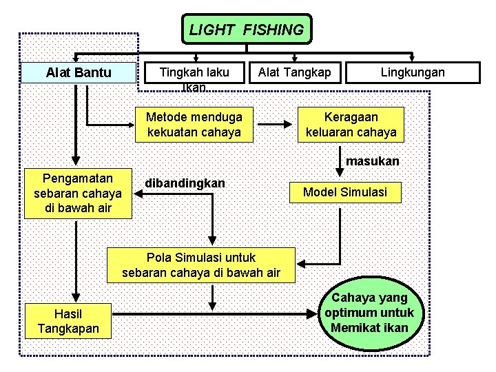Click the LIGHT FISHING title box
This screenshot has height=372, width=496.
point(246,30)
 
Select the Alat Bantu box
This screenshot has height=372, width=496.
point(78,72)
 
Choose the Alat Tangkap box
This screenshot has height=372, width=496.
point(295,72)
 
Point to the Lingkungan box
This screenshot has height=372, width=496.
point(413,72)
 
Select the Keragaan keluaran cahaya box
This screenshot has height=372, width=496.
point(351,124)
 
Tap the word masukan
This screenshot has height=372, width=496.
point(373,161)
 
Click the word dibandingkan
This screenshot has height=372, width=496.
point(185,184)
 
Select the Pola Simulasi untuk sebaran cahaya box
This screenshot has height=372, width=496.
point(201,265)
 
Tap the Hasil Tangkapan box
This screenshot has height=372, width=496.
point(68,322)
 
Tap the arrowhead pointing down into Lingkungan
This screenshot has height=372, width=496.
point(413,58)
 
